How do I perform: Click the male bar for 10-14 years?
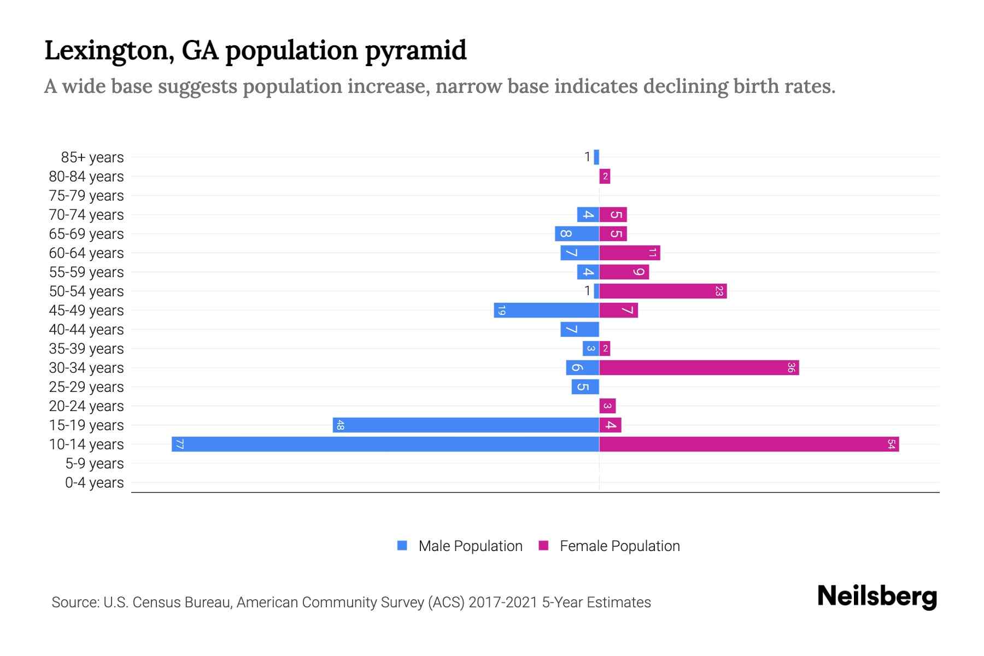(x=385, y=444)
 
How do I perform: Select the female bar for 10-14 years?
(x=749, y=444)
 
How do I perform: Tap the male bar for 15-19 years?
(x=466, y=425)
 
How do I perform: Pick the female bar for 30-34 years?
(x=699, y=367)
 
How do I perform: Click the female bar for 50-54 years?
(x=663, y=291)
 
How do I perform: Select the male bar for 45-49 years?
(x=547, y=310)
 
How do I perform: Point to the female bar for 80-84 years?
(x=605, y=176)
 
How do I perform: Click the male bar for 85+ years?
(x=596, y=157)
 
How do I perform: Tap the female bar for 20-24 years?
(x=607, y=406)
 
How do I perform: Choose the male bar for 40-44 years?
(x=579, y=329)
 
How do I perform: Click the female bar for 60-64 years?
(x=629, y=253)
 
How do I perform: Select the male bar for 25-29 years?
(x=585, y=386)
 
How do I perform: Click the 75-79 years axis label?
(x=86, y=196)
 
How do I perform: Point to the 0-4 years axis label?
(x=94, y=483)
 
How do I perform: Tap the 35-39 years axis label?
(x=86, y=349)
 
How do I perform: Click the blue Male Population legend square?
(x=402, y=546)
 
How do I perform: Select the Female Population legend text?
(x=619, y=546)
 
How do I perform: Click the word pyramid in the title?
(x=415, y=50)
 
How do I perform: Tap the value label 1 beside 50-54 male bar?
(x=587, y=291)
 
